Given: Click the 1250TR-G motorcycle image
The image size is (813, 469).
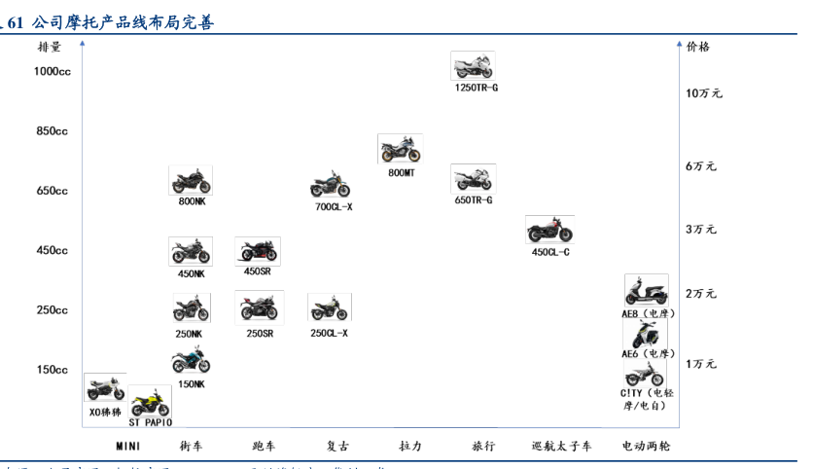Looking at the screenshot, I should (x=473, y=66).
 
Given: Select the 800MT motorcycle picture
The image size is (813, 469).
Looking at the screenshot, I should (x=400, y=150).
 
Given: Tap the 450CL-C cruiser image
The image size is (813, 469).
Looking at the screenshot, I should (x=549, y=231).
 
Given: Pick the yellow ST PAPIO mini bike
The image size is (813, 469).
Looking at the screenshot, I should (x=151, y=401).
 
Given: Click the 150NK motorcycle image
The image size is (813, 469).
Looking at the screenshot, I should (x=191, y=361).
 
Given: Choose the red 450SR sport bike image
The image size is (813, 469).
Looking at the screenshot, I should (x=258, y=251).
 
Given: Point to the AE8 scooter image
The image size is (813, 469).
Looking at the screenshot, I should (x=646, y=291).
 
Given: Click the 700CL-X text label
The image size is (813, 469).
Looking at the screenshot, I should (x=334, y=207).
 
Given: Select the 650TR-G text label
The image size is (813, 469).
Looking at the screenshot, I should (x=474, y=200).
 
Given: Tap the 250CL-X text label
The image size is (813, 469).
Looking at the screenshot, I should (x=329, y=333).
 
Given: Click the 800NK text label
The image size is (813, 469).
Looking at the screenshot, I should (x=192, y=201).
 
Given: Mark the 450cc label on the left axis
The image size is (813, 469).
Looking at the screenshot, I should (x=53, y=250).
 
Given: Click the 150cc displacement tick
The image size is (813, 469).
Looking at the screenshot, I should (x=53, y=370).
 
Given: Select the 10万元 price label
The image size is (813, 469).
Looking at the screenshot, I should (x=704, y=93).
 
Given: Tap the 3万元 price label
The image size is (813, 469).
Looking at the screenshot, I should (x=700, y=230).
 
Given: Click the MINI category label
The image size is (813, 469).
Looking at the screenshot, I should (x=128, y=447).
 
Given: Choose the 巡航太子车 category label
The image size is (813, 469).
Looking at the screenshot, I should (x=562, y=447).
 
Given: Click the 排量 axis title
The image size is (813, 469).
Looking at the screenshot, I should (x=50, y=46).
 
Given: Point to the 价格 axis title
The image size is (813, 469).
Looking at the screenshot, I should (x=698, y=46).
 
